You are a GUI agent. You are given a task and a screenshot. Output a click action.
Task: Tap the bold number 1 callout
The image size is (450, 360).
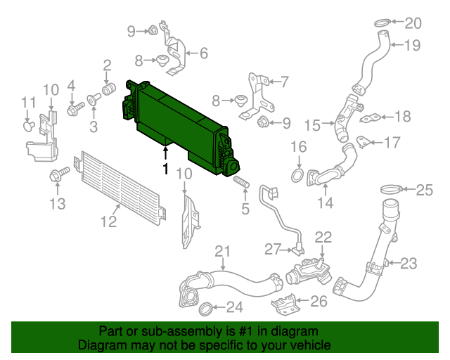(x=166, y=169)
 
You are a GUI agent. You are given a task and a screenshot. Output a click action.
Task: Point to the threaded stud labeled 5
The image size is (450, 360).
(x=241, y=185)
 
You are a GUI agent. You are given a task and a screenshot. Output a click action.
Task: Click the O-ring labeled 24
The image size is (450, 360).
(x=205, y=307)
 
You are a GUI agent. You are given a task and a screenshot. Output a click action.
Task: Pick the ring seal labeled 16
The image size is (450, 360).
(x=298, y=174)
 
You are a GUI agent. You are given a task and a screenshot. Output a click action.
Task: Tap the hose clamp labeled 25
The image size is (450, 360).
(x=392, y=188)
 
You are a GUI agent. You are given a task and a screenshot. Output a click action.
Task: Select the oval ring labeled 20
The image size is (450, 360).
(x=380, y=24)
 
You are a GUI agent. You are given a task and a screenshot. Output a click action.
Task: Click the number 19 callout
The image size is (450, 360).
(x=413, y=46)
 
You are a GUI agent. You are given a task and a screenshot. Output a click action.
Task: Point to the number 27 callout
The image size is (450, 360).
(x=272, y=249)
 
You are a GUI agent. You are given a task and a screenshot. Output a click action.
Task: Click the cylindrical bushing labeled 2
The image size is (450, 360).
(x=109, y=91)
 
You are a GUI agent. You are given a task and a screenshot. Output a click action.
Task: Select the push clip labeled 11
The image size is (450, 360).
(x=29, y=126)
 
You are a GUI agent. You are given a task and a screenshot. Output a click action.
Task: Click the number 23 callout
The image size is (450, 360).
(x=409, y=264)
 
